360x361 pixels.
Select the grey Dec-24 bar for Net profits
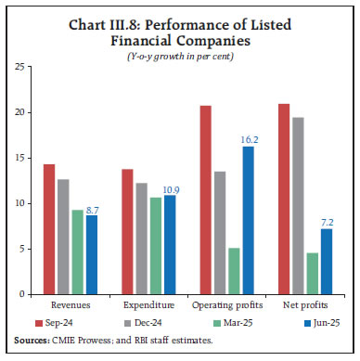[x=299, y=205]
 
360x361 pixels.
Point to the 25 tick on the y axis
[x=19, y=67]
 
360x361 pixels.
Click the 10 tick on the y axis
[x=19, y=203]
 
